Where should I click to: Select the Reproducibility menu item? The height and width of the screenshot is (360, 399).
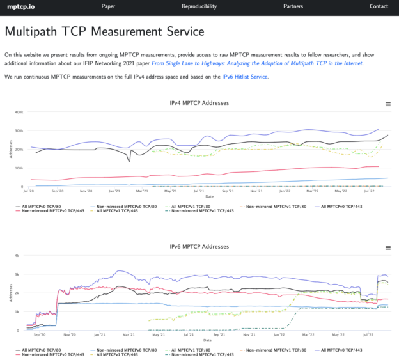(x=199, y=6)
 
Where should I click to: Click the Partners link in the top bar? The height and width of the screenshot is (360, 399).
(x=293, y=6)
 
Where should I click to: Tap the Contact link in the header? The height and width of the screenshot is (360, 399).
(x=379, y=6)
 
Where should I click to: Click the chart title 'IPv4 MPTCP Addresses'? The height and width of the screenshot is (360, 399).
(x=199, y=103)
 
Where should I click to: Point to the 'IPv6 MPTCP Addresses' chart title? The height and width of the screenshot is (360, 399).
(x=199, y=246)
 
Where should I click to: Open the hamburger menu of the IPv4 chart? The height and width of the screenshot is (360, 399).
(x=387, y=104)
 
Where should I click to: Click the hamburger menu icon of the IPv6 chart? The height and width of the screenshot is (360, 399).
(x=387, y=247)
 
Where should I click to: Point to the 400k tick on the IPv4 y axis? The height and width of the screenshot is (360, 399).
(x=19, y=112)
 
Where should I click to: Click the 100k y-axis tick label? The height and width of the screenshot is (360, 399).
(x=19, y=168)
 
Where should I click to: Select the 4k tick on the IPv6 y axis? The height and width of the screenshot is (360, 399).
(x=21, y=255)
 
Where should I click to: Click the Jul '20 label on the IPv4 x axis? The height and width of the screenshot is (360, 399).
(x=29, y=191)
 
